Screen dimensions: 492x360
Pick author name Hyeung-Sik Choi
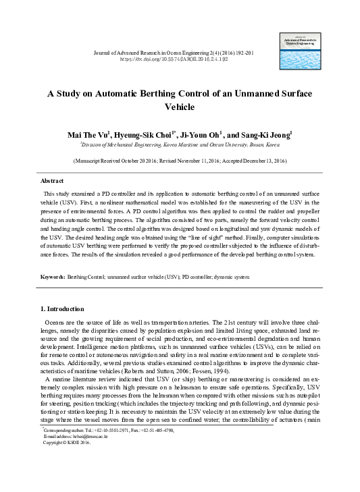tap(145, 135)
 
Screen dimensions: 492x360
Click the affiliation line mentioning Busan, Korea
tap(180, 144)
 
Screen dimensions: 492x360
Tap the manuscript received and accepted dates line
tap(180, 162)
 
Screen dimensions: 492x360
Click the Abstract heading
tap(52, 181)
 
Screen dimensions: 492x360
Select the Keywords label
tap(53, 277)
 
